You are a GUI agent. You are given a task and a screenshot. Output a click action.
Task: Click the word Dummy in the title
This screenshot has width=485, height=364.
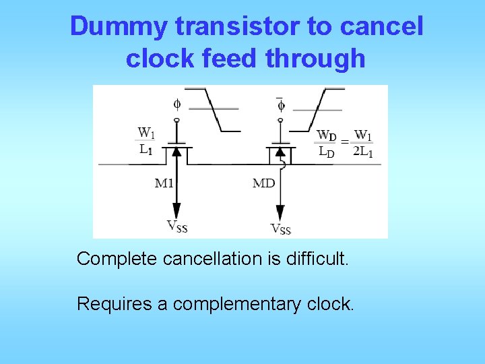pyautogui.click(x=119, y=28)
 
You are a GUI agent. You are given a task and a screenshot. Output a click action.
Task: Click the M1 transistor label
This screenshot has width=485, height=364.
pyautogui.click(x=165, y=183)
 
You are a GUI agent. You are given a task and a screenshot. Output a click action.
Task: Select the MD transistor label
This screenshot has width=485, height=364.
pyautogui.click(x=263, y=183)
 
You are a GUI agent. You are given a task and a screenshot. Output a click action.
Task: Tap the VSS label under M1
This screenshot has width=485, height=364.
pyautogui.click(x=177, y=226)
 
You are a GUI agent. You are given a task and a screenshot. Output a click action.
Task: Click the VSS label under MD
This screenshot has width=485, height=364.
pyautogui.click(x=281, y=229)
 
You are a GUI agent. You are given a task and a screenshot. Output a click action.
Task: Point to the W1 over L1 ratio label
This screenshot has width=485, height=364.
pyautogui.click(x=146, y=141)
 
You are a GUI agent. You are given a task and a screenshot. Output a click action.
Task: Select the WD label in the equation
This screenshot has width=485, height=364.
pyautogui.click(x=327, y=135)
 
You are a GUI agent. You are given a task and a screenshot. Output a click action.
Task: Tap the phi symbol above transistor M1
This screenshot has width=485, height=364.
pyautogui.click(x=177, y=104)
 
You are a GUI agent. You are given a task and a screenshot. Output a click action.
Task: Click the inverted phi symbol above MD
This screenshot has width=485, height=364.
pyautogui.click(x=280, y=105)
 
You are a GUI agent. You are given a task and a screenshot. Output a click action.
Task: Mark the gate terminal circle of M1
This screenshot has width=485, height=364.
pyautogui.click(x=177, y=120)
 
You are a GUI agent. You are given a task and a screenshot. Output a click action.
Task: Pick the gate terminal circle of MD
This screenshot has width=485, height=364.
pyautogui.click(x=281, y=120)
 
